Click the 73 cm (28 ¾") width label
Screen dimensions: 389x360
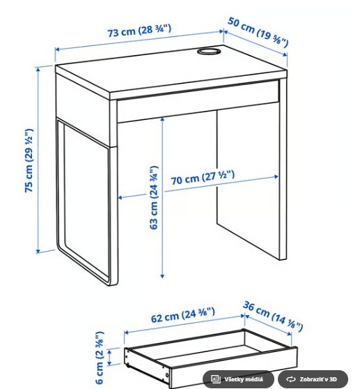click(x=139, y=32)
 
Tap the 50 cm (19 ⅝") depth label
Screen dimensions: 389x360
click(x=258, y=33)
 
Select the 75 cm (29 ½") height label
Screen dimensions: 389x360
click(x=29, y=160)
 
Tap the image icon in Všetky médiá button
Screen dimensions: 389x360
click(x=215, y=379)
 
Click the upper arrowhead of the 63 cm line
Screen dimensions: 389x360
click(x=162, y=120)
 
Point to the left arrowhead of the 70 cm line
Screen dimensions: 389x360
click(x=122, y=197)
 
